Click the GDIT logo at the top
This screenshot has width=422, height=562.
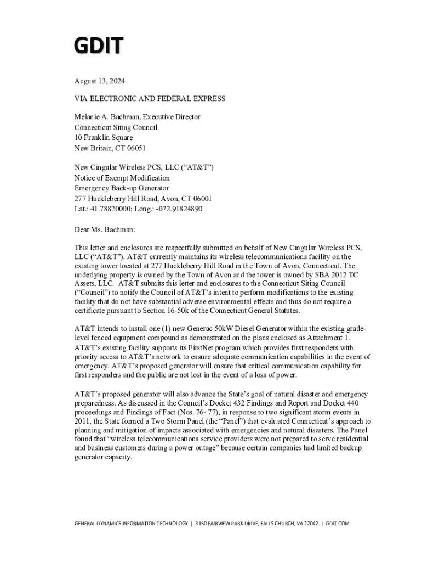pyautogui.click(x=99, y=46)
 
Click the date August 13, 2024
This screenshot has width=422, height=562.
pyautogui.click(x=100, y=81)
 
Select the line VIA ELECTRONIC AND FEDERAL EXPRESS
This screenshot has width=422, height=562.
pyautogui.click(x=150, y=99)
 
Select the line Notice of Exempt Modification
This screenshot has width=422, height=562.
pyautogui.click(x=122, y=178)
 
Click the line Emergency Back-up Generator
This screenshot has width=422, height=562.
pyautogui.click(x=122, y=188)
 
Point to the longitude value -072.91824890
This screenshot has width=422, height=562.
pyautogui.click(x=178, y=209)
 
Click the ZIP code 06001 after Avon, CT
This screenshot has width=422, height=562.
pyautogui.click(x=201, y=199)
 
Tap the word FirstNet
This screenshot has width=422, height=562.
pyautogui.click(x=175, y=348)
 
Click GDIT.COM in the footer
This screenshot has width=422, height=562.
pyautogui.click(x=337, y=524)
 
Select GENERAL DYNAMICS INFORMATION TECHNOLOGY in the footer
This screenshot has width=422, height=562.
pyautogui.click(x=130, y=524)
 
